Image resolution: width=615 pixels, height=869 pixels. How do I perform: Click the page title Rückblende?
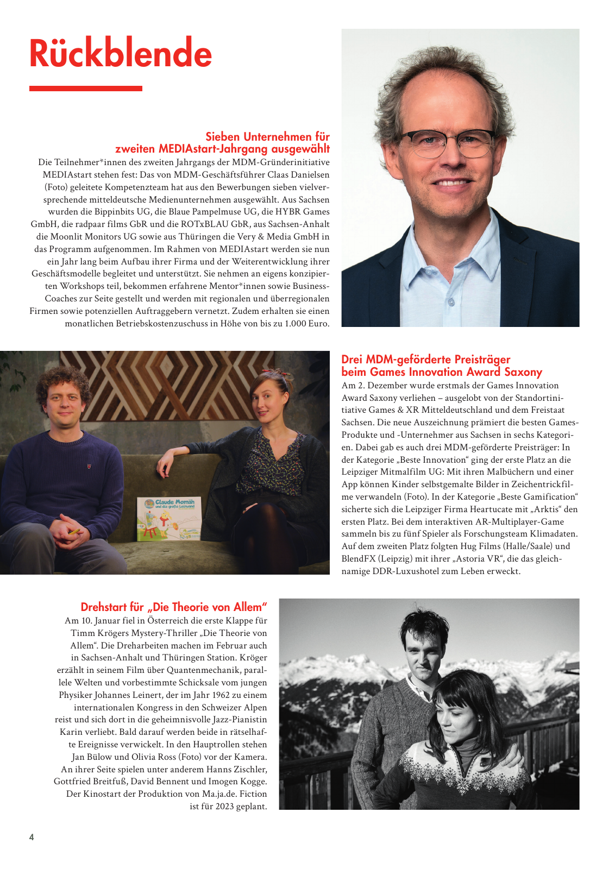[120, 53]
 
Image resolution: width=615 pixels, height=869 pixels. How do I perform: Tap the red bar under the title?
[85, 89]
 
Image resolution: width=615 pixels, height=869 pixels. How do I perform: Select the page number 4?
[32, 837]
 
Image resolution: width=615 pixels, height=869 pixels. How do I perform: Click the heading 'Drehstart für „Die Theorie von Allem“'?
[174, 607]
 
